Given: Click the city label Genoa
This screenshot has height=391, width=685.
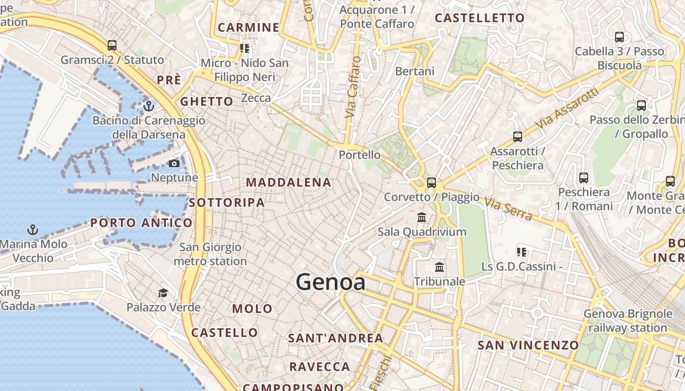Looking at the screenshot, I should point(330,282).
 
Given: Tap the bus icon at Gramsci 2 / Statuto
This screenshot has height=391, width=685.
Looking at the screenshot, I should point(112,45).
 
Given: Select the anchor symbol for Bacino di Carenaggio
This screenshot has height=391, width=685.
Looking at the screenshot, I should point(149,106).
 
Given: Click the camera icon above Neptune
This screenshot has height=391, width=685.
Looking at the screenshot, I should point(174,164).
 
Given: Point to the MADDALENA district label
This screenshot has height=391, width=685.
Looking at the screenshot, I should point(289,183).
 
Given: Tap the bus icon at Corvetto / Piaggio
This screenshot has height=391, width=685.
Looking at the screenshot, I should point(431,183).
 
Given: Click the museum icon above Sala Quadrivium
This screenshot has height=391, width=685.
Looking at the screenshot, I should point(421,217).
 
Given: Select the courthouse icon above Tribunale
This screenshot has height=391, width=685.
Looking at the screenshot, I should point(439,267).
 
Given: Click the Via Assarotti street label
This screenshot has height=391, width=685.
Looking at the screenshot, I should point(567,109).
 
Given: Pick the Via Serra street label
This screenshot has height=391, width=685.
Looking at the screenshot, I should point(508,209).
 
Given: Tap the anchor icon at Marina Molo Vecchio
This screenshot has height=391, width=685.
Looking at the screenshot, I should point(33,229).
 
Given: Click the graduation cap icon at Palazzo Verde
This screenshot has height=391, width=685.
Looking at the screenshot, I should point(163,293).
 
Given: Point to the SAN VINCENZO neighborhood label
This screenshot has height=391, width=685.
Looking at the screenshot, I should point(528,346).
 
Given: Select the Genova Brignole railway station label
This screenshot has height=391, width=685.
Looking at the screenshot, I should point(628,321).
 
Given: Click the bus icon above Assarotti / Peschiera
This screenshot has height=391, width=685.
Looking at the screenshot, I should point(517,137).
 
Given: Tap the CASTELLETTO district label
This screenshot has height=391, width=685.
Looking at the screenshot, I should point(479,18).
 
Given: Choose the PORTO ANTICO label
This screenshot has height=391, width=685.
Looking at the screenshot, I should point(141,223).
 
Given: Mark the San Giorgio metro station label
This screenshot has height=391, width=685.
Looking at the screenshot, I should point(210,254).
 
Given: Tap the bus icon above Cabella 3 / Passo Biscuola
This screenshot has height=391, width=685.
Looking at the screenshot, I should point(619,37).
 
